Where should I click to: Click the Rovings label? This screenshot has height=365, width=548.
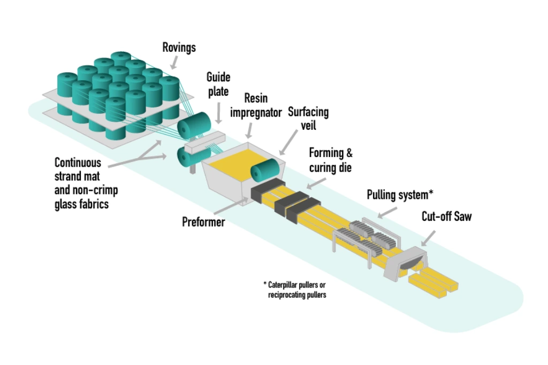pyautogui.click(x=179, y=48)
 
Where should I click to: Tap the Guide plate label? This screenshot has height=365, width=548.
pyautogui.click(x=218, y=84)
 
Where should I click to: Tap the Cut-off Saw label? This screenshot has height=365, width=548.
pyautogui.click(x=446, y=217)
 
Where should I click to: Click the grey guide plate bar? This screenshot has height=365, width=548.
pyautogui.click(x=203, y=140)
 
